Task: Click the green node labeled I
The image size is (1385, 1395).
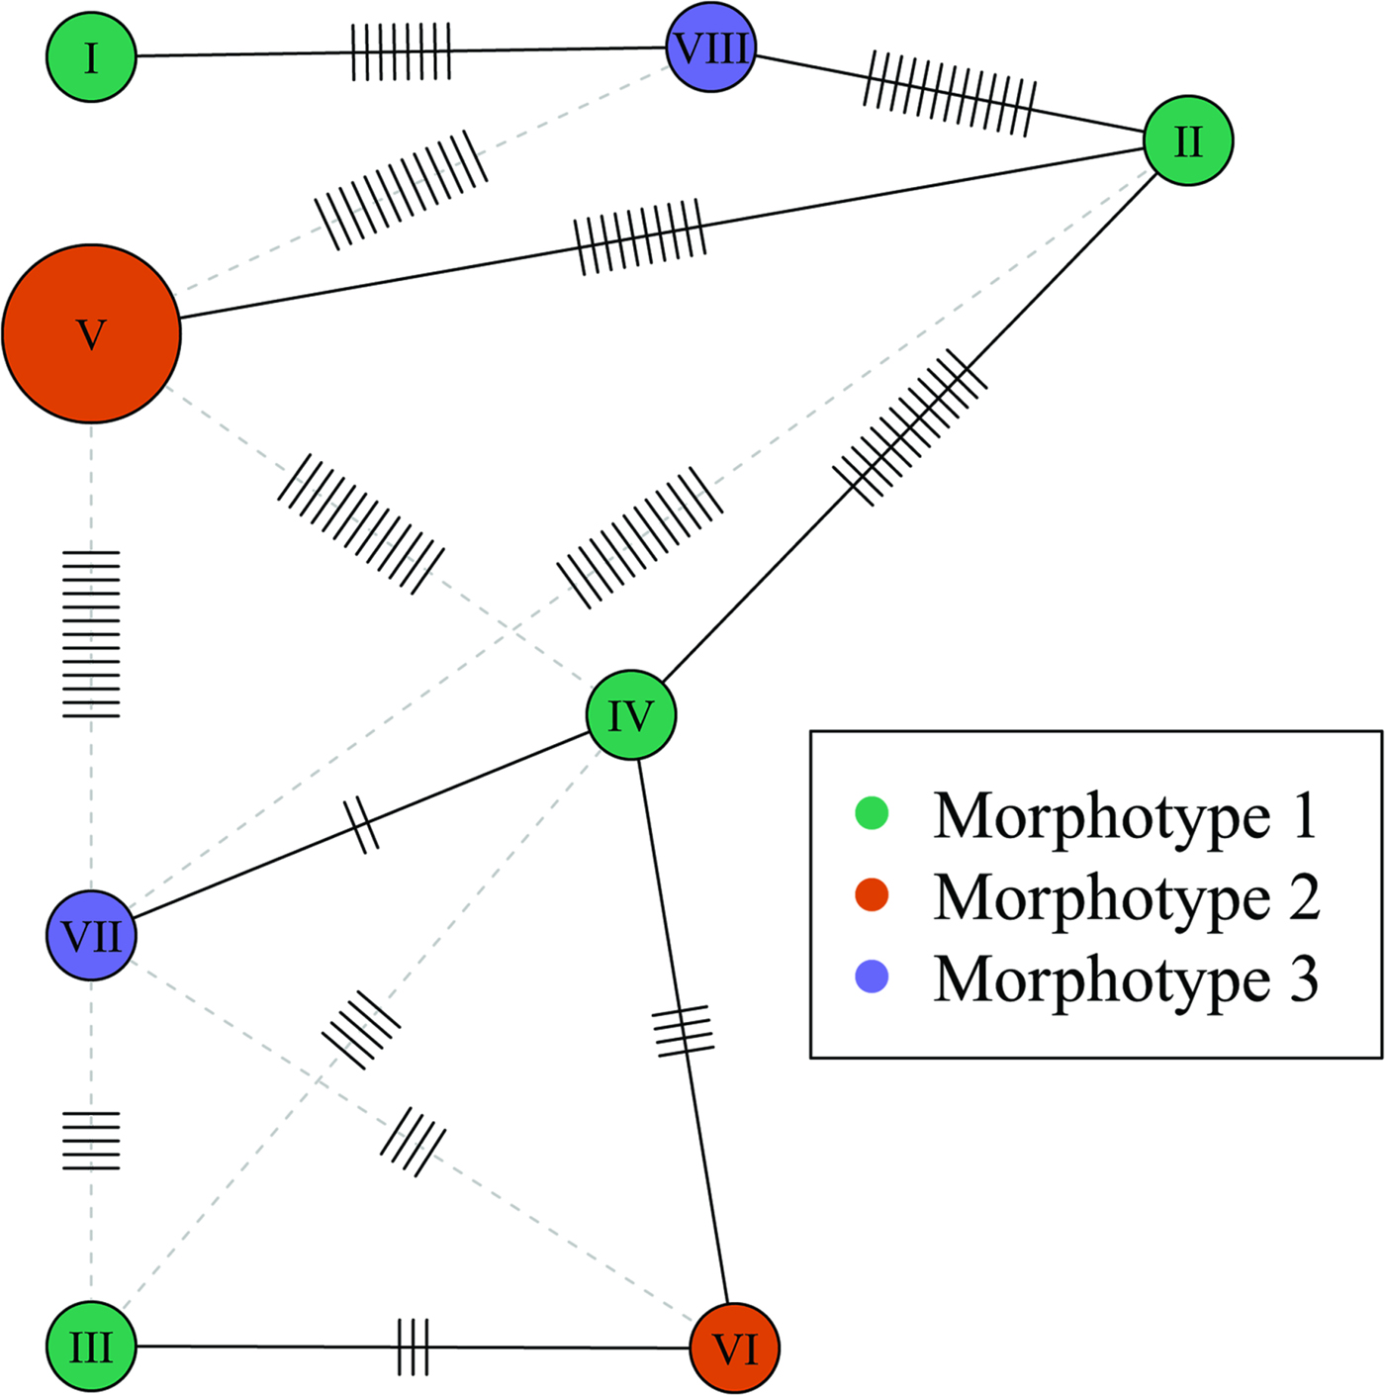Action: pyautogui.click(x=91, y=56)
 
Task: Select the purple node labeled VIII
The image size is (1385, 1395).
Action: pyautogui.click(x=711, y=47)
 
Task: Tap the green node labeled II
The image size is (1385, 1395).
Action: pyautogui.click(x=1188, y=140)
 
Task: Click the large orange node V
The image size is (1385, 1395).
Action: pyautogui.click(x=92, y=334)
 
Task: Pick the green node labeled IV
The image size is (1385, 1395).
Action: pyautogui.click(x=631, y=715)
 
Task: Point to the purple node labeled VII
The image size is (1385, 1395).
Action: pyautogui.click(x=91, y=936)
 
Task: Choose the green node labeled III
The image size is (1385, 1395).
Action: pyautogui.click(x=91, y=1347)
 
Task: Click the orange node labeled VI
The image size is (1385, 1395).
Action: pyautogui.click(x=734, y=1348)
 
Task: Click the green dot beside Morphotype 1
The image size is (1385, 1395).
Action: pyautogui.click(x=872, y=813)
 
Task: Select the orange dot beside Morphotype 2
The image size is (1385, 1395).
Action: pyautogui.click(x=872, y=895)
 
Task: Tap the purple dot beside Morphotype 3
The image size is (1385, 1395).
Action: pyautogui.click(x=872, y=977)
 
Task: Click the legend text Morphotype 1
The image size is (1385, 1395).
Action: pyautogui.click(x=1125, y=816)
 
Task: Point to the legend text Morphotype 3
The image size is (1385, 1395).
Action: pyautogui.click(x=1125, y=979)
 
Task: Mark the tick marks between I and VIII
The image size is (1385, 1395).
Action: pyautogui.click(x=402, y=51)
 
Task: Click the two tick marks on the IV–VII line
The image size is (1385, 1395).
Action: pyautogui.click(x=361, y=824)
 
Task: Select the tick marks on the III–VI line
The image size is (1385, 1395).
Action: pyautogui.click(x=414, y=1347)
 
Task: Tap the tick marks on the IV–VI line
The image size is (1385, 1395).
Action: pyautogui.click(x=684, y=1030)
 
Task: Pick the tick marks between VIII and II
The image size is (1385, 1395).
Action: pyautogui.click(x=950, y=93)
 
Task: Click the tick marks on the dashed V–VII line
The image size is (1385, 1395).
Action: pyautogui.click(x=91, y=633)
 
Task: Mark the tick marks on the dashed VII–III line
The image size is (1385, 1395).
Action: pyautogui.click(x=91, y=1141)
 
